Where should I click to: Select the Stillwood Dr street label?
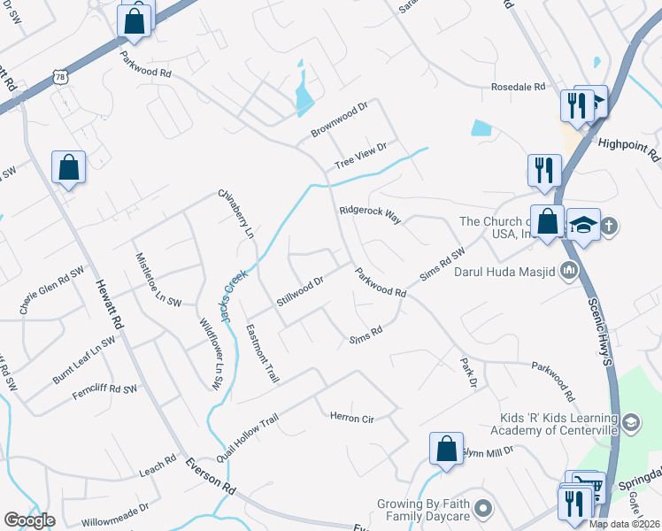coord(299,290)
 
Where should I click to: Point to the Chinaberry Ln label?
coord(237,213)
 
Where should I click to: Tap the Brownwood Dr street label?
coord(338,120)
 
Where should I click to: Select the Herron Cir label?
coord(351,417)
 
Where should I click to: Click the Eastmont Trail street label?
coord(262,353)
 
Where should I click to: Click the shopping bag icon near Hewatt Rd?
coord(68,166)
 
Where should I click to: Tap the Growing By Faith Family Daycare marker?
coord(482,508)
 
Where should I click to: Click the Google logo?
coord(29,520)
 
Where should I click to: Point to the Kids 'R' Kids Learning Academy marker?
coord(630,423)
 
